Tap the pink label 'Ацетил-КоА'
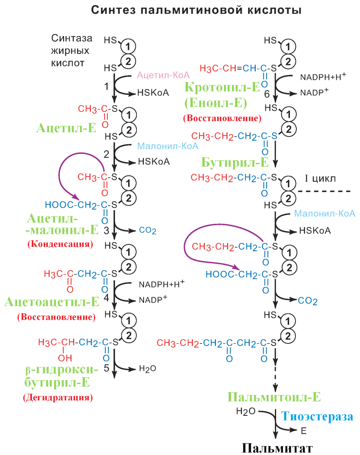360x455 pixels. click(163, 75)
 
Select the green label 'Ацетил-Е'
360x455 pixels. click(67, 127)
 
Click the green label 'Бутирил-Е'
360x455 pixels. click(235, 162)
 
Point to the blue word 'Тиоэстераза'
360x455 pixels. click(317, 416)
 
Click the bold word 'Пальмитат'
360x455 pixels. click(277, 448)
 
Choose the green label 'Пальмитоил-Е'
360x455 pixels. click(274, 397)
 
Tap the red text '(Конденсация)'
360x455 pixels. click(60, 244)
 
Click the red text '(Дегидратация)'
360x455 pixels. click(58, 397)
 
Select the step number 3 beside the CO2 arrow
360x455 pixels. click(106, 230)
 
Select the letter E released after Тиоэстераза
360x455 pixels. click(303, 431)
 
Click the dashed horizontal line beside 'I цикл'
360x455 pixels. click(324, 191)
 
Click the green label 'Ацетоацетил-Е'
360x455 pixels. click(52, 303)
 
